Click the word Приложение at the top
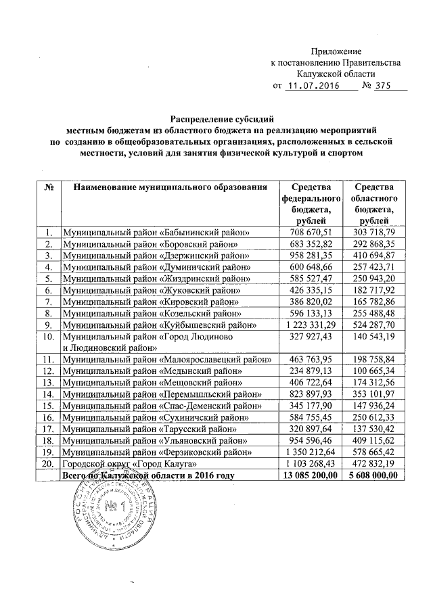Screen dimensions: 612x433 pos(336,52)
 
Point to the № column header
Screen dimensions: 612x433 pos(48,187)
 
